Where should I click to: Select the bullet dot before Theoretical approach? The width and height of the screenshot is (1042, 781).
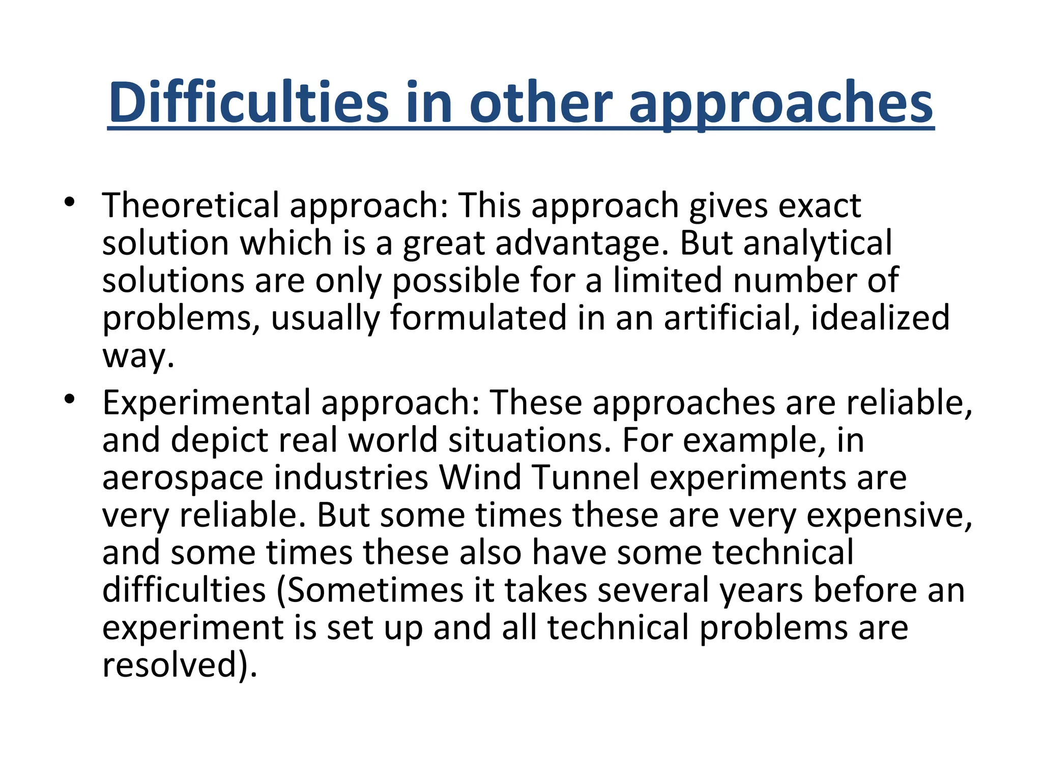click(x=70, y=203)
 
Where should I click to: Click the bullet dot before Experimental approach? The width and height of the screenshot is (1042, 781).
click(x=70, y=400)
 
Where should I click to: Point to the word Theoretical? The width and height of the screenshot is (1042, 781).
click(x=191, y=205)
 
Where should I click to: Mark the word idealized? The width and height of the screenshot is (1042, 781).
click(x=880, y=318)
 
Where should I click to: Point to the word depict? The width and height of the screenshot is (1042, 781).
click(x=219, y=440)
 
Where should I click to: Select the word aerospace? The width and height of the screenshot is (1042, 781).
click(x=183, y=478)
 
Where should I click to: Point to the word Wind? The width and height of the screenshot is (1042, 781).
click(x=480, y=478)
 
